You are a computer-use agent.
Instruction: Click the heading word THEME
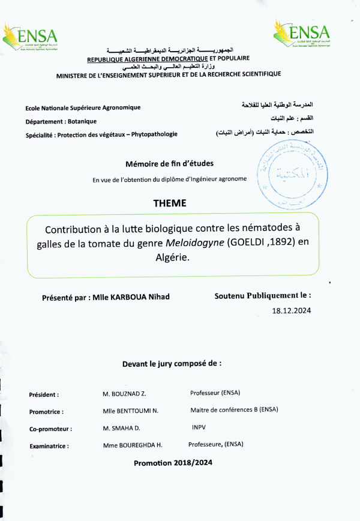coord(170,203)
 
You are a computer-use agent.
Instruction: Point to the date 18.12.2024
coord(292,311)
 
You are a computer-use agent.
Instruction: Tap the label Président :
coord(44,395)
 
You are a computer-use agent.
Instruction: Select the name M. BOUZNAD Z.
coord(125,394)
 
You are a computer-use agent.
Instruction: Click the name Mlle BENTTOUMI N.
coord(129,411)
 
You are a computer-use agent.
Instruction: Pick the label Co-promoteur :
coord(50,429)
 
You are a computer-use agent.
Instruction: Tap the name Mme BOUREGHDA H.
coord(133,445)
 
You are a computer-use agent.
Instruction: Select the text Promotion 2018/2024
coord(173,463)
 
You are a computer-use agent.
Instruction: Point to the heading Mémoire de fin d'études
coord(169,163)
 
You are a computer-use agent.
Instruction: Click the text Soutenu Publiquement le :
coord(263,296)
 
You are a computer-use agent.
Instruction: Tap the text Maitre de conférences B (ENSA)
coord(234,411)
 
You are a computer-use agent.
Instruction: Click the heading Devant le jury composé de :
coord(172,364)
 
